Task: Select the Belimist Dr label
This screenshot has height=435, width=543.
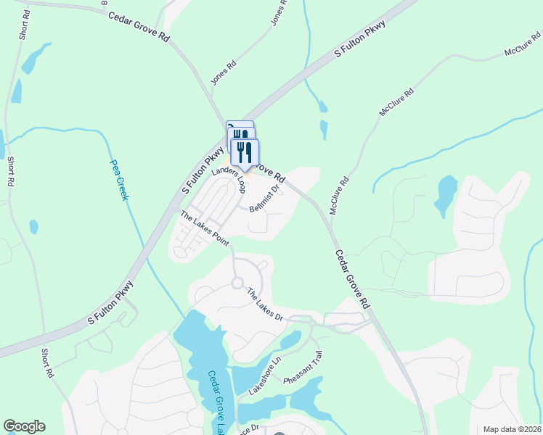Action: click(x=264, y=198)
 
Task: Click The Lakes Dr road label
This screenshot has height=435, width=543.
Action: click(x=264, y=304)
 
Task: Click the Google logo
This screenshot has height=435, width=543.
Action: click(x=24, y=426)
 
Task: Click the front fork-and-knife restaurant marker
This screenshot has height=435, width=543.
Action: click(x=245, y=153)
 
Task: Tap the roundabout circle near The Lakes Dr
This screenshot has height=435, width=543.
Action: click(x=237, y=283)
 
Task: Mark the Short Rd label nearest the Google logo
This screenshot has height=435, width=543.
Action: click(x=47, y=362)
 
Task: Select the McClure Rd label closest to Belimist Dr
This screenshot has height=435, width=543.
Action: click(x=339, y=195)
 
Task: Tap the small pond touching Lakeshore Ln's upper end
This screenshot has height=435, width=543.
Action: click(x=290, y=339)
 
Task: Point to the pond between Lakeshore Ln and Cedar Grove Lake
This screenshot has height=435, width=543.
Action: click(x=247, y=378)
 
